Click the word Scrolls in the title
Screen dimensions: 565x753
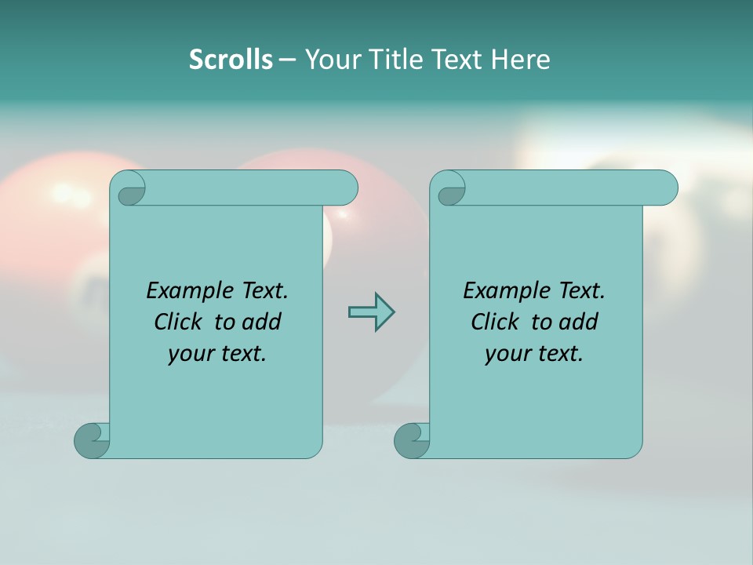[x=231, y=60]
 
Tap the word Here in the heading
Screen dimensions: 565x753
[x=520, y=60]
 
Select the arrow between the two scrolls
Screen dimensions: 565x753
[x=371, y=312]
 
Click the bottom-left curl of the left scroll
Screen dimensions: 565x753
[x=92, y=440]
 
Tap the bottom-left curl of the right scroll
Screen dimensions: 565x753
[x=412, y=440]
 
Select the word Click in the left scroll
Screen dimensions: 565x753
[x=178, y=322]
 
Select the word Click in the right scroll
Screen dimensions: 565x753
[x=495, y=322]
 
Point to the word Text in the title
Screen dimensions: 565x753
[x=457, y=60]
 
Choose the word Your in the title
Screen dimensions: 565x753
[x=329, y=60]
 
